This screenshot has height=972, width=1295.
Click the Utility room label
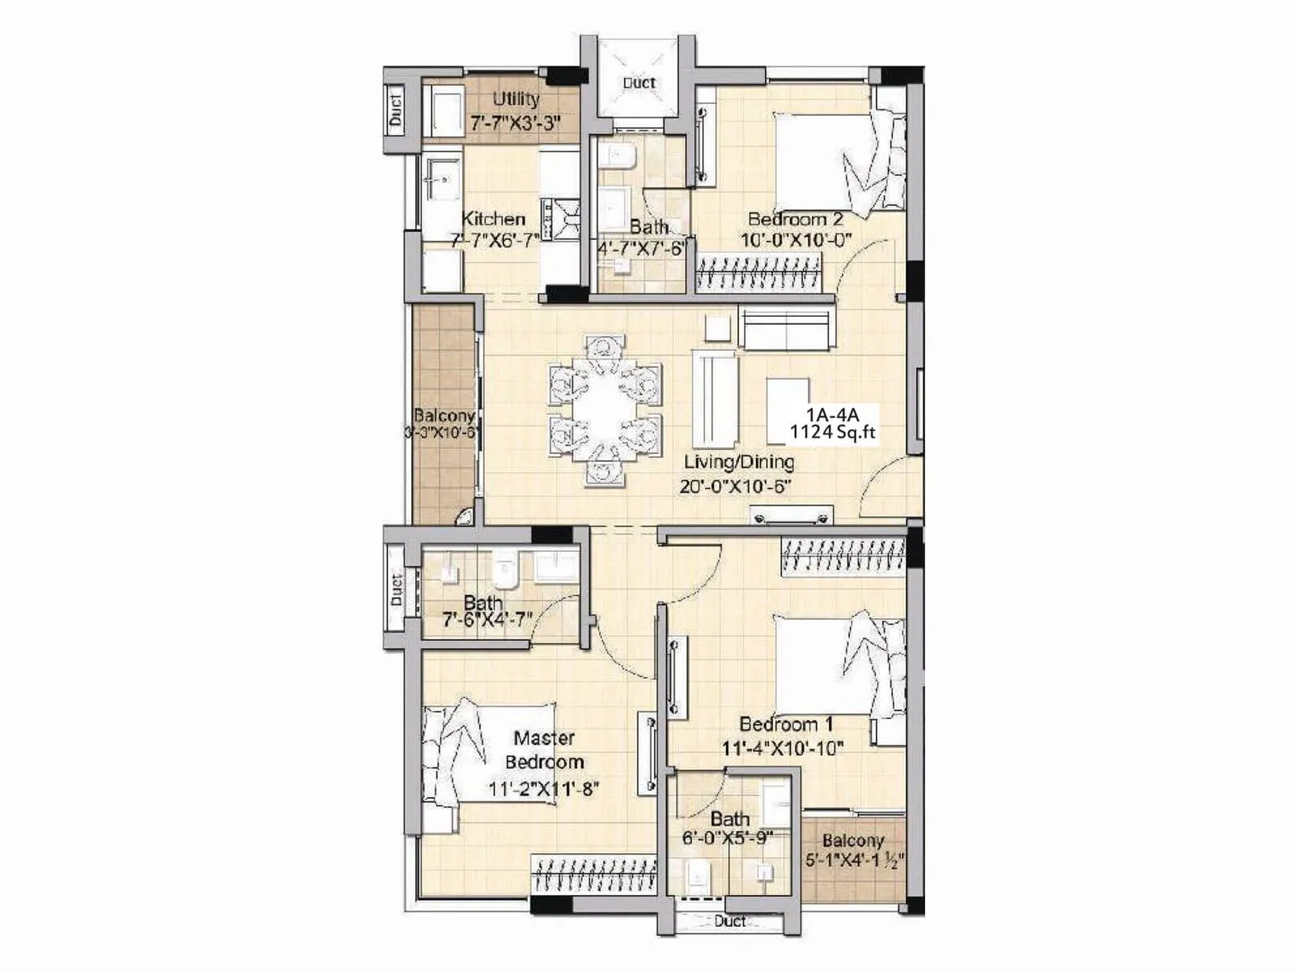pyautogui.click(x=516, y=99)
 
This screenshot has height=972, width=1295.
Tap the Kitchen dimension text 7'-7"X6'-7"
pyautogui.click(x=495, y=241)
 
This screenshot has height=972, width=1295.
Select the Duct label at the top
pyautogui.click(x=639, y=83)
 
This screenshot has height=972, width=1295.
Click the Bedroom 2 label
pyautogui.click(x=795, y=219)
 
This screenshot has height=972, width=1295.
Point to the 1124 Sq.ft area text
pyautogui.click(x=833, y=433)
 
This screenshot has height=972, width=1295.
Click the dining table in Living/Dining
pyautogui.click(x=605, y=410)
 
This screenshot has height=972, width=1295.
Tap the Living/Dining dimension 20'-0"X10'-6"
pyautogui.click(x=735, y=487)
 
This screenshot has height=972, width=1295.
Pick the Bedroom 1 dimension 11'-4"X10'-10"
pyautogui.click(x=783, y=748)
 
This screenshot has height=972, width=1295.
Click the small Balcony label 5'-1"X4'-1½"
pyautogui.click(x=853, y=850)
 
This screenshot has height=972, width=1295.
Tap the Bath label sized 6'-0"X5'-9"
pyautogui.click(x=729, y=819)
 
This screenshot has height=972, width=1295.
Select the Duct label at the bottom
pyautogui.click(x=729, y=921)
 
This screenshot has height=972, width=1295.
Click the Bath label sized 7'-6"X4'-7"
pyautogui.click(x=483, y=603)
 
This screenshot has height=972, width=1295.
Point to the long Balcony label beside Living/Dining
pyautogui.click(x=444, y=416)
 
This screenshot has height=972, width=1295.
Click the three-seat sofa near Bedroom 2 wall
pyautogui.click(x=785, y=328)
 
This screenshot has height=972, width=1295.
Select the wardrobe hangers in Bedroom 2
pyautogui.click(x=758, y=272)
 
